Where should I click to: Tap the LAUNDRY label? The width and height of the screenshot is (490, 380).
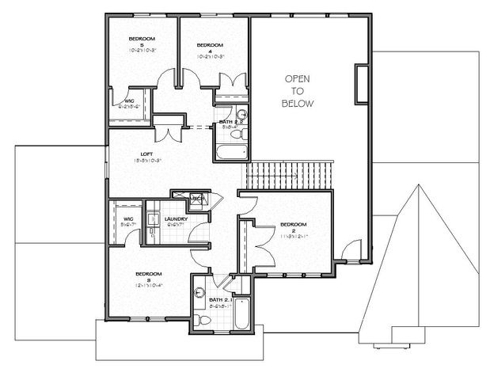point(176,218)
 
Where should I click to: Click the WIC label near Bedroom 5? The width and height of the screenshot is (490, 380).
point(128,101)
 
